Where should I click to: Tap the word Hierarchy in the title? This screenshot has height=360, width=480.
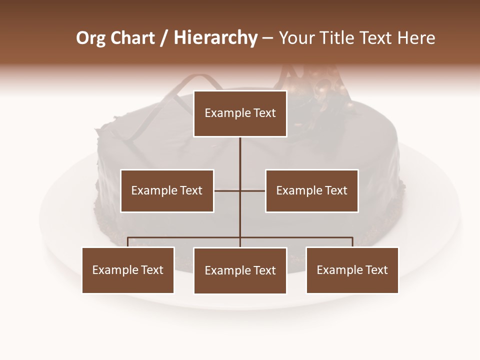pos(215,38)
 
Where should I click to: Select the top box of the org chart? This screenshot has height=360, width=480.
pos(240,113)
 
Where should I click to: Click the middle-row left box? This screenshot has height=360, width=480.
pos(167,191)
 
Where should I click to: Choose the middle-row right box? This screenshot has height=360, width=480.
pos(311,191)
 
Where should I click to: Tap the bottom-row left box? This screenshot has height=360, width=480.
pos(128,270)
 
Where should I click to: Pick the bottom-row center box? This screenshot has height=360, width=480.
pos(240,271)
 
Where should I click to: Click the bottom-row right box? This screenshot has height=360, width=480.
pos(352,270)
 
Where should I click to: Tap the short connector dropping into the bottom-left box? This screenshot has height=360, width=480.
pos(128,242)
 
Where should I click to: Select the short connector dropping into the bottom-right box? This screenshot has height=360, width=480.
pos(352,242)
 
